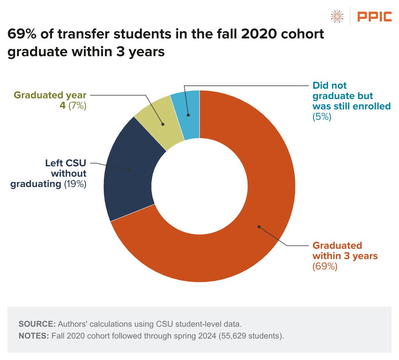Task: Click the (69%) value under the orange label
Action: coord(325,266)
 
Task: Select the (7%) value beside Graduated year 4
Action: coord(77,106)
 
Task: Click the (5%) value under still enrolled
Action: coord(322,117)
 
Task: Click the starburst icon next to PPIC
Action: coord(337,16)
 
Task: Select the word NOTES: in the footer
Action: coord(34,336)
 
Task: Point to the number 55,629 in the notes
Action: coord(229,336)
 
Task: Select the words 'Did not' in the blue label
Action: coord(330,86)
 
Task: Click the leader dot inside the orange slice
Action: coord(259,227)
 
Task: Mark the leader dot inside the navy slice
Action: coord(129,170)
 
